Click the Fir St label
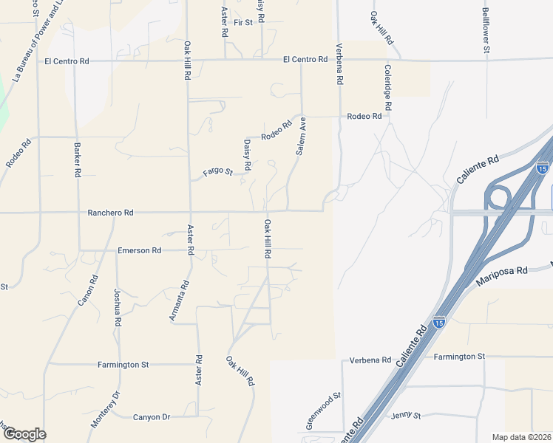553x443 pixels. [x=242, y=23]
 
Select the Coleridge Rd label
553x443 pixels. [x=387, y=87]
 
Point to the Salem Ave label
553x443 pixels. [x=302, y=137]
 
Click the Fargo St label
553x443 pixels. [x=218, y=173]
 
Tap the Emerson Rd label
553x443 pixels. [x=139, y=251]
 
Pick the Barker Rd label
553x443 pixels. [x=77, y=159]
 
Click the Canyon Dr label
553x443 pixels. [x=152, y=417]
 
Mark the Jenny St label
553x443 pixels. [x=406, y=416]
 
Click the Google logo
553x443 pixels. [x=24, y=434]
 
